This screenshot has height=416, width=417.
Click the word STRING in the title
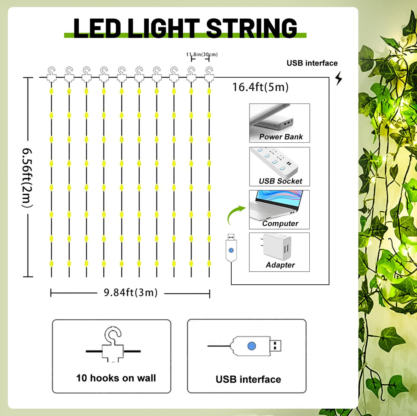(x=251, y=28)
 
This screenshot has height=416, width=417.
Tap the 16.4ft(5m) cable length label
(x=260, y=87)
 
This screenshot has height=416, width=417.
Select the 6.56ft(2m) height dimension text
(x=27, y=178)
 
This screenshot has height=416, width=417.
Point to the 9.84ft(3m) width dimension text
(x=131, y=293)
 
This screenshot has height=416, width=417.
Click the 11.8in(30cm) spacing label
(x=202, y=54)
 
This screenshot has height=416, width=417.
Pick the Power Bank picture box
(x=280, y=123)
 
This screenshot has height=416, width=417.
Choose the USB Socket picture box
(x=280, y=166)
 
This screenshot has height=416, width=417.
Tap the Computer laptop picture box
(x=279, y=210)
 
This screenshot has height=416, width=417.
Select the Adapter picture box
(x=279, y=252)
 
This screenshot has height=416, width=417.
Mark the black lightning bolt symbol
(x=339, y=78)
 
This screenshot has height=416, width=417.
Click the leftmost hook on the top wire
(x=51, y=74)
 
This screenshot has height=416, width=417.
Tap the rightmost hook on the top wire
(x=209, y=74)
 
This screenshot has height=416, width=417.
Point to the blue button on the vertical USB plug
(x=231, y=250)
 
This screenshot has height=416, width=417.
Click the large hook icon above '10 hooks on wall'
(x=113, y=344)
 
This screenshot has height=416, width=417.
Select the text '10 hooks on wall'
(x=116, y=378)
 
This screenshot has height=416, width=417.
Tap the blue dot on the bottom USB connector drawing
(x=251, y=346)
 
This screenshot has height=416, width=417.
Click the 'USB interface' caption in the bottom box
(x=248, y=379)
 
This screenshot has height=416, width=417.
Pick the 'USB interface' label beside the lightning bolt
(x=312, y=63)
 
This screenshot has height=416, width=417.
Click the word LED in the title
(x=97, y=28)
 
